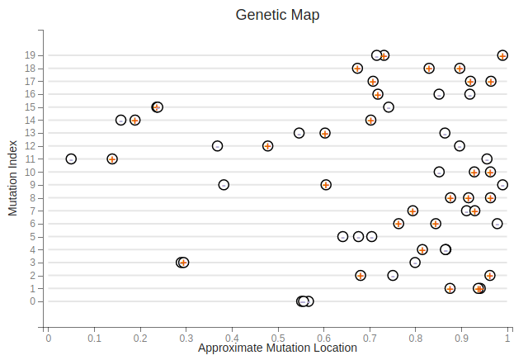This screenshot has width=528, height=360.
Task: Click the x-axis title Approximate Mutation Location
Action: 277,348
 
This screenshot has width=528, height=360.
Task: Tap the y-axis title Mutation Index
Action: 13,178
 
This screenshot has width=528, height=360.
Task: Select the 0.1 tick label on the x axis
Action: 94,337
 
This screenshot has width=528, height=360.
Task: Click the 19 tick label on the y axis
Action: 29,55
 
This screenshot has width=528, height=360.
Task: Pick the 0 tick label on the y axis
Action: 31,301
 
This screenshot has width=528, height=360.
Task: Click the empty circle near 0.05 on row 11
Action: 71,159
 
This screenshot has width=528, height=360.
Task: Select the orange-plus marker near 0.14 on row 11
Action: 112,159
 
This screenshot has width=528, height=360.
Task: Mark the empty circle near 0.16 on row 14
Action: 121,121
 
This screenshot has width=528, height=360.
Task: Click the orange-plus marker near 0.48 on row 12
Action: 268,146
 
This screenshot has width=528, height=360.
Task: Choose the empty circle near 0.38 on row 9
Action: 224,185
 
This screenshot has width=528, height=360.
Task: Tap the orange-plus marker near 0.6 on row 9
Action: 326,185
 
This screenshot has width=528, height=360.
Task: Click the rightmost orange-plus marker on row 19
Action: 502,55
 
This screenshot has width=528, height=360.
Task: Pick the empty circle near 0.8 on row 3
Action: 415,263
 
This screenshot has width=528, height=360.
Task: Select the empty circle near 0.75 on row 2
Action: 393,275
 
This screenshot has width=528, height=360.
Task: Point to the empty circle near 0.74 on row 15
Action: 389,107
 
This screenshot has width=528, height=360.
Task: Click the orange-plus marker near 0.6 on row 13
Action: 325,133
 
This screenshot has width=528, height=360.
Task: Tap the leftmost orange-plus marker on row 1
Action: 450,288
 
